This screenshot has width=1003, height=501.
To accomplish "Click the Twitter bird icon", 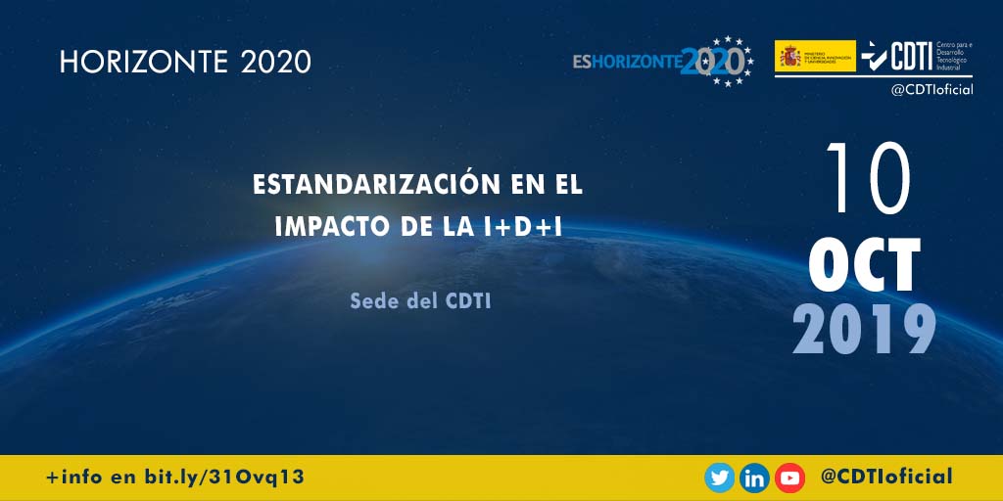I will [x=720, y=478].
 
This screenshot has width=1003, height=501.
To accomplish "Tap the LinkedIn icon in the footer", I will [x=754, y=478].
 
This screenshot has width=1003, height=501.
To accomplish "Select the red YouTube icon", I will [x=789, y=478].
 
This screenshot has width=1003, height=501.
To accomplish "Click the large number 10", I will [x=869, y=179].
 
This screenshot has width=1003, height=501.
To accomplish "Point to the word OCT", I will [x=865, y=265].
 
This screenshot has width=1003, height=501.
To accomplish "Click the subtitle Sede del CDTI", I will [x=420, y=300].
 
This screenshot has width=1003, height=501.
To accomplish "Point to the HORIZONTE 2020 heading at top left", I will [x=185, y=63].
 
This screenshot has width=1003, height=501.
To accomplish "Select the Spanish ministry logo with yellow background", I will [x=815, y=56].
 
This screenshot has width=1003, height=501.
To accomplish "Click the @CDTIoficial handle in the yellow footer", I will [x=886, y=477].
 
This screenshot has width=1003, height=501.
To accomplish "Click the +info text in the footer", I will [x=74, y=478].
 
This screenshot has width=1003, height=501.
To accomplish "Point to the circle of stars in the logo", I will [x=730, y=61].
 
